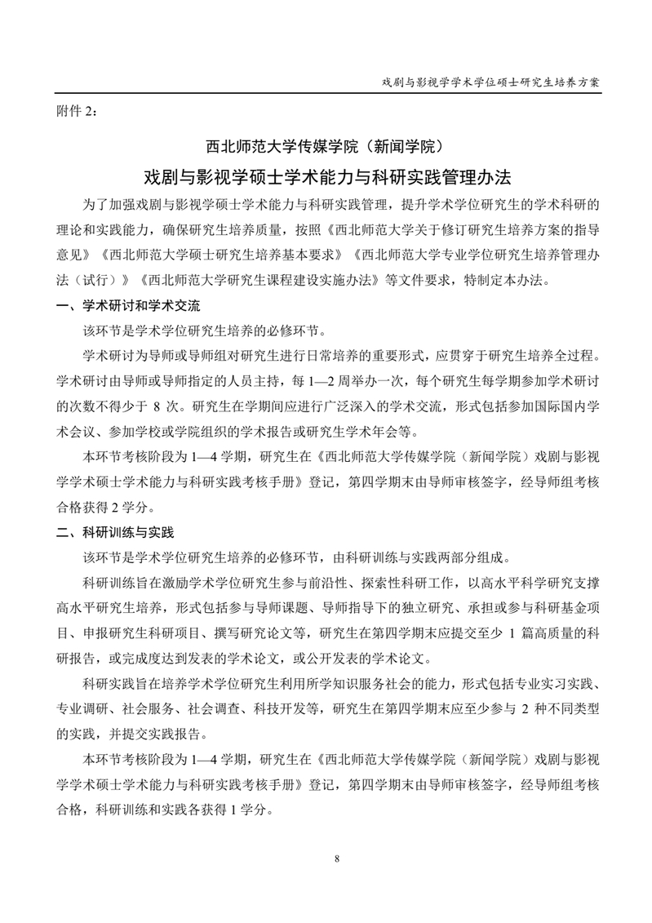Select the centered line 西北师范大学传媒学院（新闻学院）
(326, 148)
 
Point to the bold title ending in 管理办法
(326, 177)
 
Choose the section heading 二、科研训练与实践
(114, 533)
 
